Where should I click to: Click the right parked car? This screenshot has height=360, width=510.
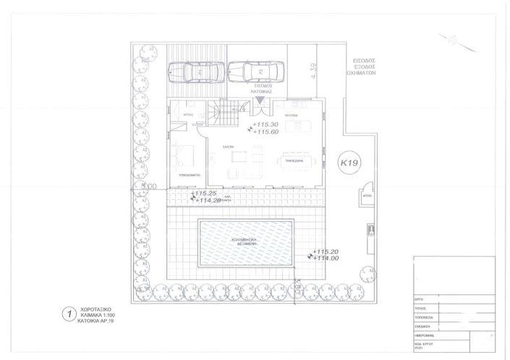pyautogui.click(x=249, y=72)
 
